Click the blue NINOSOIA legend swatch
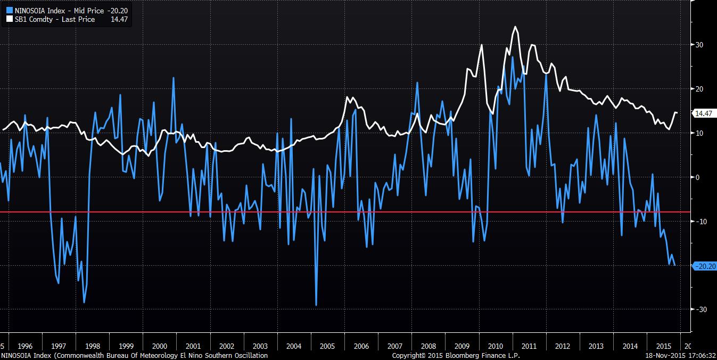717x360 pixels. (x=9, y=10)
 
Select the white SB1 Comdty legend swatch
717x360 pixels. (x=9, y=19)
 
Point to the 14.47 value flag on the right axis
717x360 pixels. (x=703, y=113)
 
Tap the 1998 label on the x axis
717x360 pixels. (x=93, y=346)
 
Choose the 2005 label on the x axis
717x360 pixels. (x=327, y=346)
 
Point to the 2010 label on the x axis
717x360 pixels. (x=495, y=346)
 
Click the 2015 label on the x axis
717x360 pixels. (x=663, y=346)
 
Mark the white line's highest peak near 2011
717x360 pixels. (x=515, y=27)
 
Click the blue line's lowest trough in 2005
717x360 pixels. (x=316, y=305)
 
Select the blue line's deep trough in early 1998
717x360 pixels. (x=84, y=302)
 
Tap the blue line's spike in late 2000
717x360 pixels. (x=174, y=78)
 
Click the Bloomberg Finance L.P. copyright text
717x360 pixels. (x=456, y=355)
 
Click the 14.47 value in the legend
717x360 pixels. (x=119, y=19)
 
